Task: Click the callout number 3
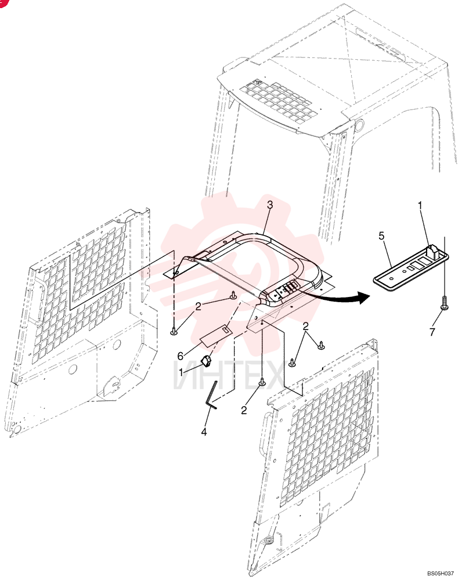(270, 205)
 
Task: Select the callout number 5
(382, 235)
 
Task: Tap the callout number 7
(432, 332)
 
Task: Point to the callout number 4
(204, 432)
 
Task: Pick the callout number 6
(181, 356)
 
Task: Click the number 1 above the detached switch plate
(420, 206)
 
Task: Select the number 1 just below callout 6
(181, 372)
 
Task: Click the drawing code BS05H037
(440, 574)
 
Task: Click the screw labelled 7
(444, 302)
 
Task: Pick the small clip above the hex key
(207, 361)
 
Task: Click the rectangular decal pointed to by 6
(216, 335)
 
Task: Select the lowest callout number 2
(244, 410)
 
